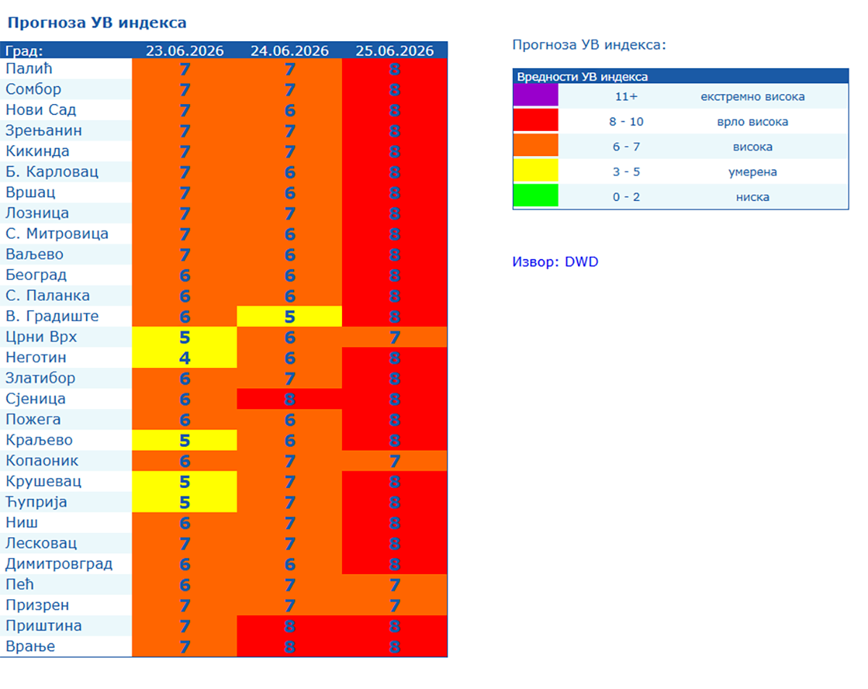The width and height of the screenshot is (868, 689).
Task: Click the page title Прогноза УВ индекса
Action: pyautogui.click(x=97, y=22)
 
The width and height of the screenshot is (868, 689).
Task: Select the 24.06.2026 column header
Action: pyautogui.click(x=289, y=51)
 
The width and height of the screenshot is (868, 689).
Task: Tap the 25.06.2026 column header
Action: pyautogui.click(x=394, y=51)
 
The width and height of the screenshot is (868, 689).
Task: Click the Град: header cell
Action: pyautogui.click(x=24, y=51)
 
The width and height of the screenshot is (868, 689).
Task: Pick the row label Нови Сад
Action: pyautogui.click(x=41, y=110)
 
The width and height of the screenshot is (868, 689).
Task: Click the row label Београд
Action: pyautogui.click(x=36, y=275)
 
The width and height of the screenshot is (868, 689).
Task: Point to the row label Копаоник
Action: pyautogui.click(x=42, y=461)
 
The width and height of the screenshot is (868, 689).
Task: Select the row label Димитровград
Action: pyautogui.click(x=59, y=564)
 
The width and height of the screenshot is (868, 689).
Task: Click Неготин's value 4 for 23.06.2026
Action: pyautogui.click(x=184, y=358)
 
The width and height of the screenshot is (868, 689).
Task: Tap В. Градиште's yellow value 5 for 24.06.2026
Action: pyautogui.click(x=289, y=317)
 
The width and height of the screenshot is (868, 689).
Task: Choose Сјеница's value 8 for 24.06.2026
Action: pyautogui.click(x=289, y=399)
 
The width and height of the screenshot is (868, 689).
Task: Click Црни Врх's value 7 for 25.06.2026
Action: pyautogui.click(x=394, y=337)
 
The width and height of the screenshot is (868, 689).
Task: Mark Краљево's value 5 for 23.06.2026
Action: pyautogui.click(x=184, y=440)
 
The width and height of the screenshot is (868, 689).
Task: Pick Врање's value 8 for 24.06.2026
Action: pyautogui.click(x=289, y=646)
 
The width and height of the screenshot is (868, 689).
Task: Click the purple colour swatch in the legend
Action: pyautogui.click(x=536, y=95)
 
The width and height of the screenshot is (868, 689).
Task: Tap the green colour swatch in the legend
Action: pyautogui.click(x=536, y=195)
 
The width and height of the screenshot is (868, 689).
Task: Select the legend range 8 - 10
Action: pyautogui.click(x=626, y=121)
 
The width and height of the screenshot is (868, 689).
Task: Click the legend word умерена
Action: pyautogui.click(x=752, y=172)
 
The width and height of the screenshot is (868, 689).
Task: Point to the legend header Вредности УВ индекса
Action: pyautogui.click(x=582, y=77)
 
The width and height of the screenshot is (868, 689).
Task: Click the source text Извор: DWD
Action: pyautogui.click(x=555, y=262)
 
